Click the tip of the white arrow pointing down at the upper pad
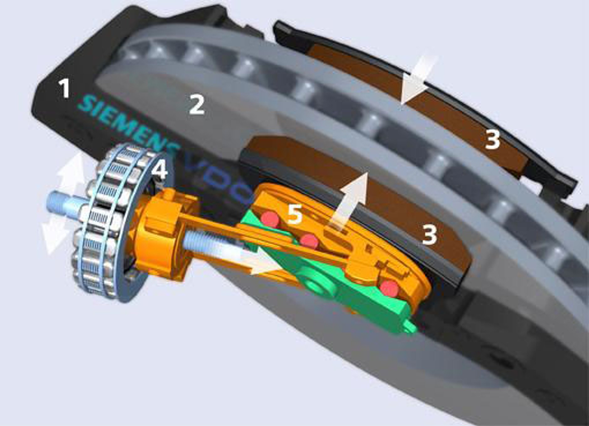(402, 103)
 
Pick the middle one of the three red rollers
(309, 241)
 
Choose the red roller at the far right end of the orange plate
(389, 288)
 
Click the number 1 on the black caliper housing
(65, 88)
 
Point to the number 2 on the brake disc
(197, 105)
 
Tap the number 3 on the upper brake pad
(493, 139)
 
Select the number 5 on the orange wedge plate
(295, 214)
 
